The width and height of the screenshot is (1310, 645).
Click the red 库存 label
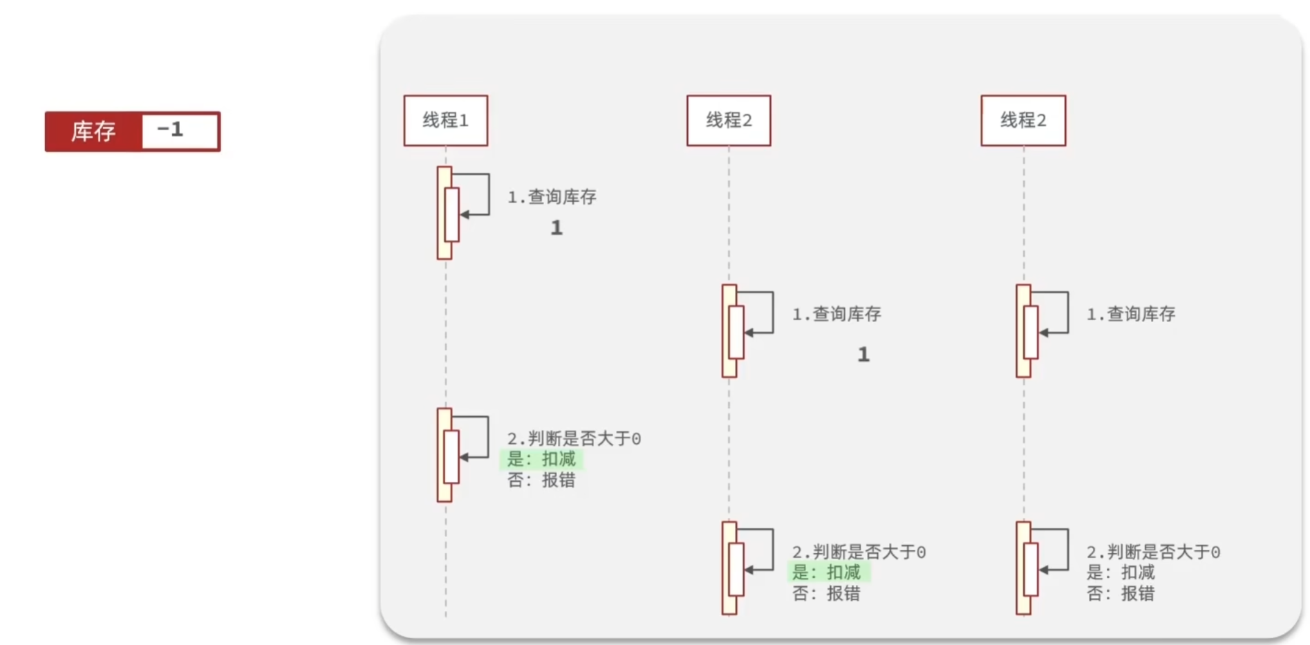pyautogui.click(x=93, y=131)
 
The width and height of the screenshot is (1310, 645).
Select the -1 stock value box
pyautogui.click(x=180, y=131)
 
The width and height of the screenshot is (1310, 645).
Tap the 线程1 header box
pyautogui.click(x=446, y=120)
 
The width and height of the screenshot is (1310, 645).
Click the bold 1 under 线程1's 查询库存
pyautogui.click(x=556, y=228)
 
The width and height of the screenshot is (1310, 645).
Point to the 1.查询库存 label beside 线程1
pyautogui.click(x=552, y=197)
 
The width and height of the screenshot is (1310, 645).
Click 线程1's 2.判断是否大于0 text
pyautogui.click(x=574, y=438)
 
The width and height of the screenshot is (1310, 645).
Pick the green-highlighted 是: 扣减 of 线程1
pyautogui.click(x=541, y=459)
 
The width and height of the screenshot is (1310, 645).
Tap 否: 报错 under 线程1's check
pyautogui.click(x=541, y=480)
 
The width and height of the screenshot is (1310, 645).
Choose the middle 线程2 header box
pyautogui.click(x=729, y=120)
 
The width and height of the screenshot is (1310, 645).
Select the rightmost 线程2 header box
pyautogui.click(x=1023, y=120)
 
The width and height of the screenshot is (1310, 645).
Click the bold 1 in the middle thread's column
pyautogui.click(x=863, y=355)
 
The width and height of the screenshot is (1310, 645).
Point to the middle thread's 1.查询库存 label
pyautogui.click(x=836, y=315)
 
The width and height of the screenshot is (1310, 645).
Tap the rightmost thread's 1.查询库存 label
pyautogui.click(x=1131, y=315)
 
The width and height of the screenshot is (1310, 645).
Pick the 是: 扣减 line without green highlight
pyautogui.click(x=1121, y=572)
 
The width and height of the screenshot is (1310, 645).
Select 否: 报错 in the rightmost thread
pyautogui.click(x=1121, y=593)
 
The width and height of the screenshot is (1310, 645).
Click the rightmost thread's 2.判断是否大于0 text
pyautogui.click(x=1153, y=552)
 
